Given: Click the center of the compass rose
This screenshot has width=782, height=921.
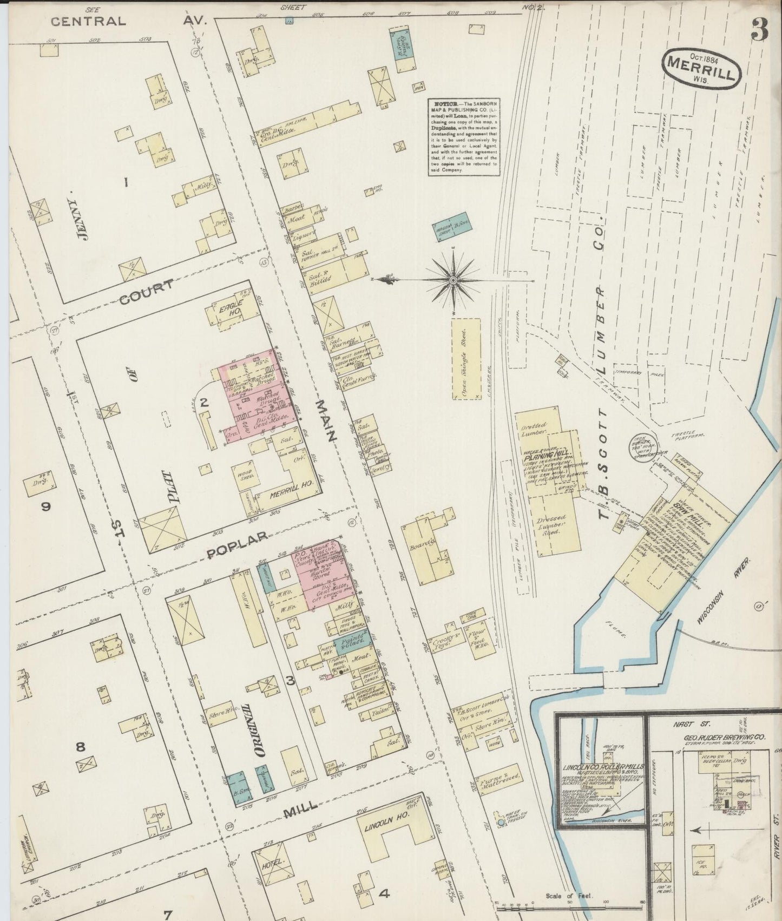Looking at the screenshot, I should (x=454, y=280).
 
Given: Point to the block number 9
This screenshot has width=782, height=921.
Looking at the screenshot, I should (x=46, y=506).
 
